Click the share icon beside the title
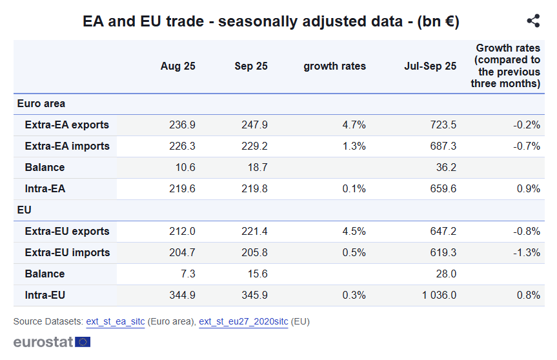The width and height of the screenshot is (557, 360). tap(533, 21)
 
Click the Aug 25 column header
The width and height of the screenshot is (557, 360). tap(177, 66)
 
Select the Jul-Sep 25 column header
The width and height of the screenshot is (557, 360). tap(430, 66)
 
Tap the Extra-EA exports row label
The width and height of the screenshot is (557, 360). tap(66, 125)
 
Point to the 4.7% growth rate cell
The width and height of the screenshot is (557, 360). tap(354, 125)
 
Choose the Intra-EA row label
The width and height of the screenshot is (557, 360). tap(45, 188)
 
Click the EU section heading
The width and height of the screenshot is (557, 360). tap(24, 210)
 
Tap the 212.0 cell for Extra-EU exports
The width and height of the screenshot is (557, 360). tap(182, 231)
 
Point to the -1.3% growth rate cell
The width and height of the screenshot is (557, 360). tap(527, 252)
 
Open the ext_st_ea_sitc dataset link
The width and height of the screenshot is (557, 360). tap(115, 321)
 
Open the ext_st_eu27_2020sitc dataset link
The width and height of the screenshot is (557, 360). tap(243, 321)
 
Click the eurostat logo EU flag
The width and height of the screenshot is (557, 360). tap(83, 342)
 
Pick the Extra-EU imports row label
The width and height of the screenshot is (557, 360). tap(67, 252)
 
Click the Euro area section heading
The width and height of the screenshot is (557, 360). tap(41, 103)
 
